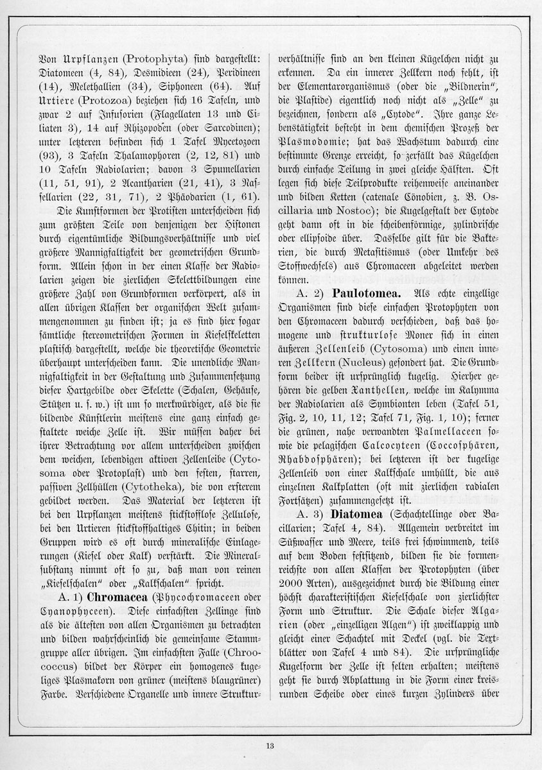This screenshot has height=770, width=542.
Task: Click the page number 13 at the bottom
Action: (x=270, y=745)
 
